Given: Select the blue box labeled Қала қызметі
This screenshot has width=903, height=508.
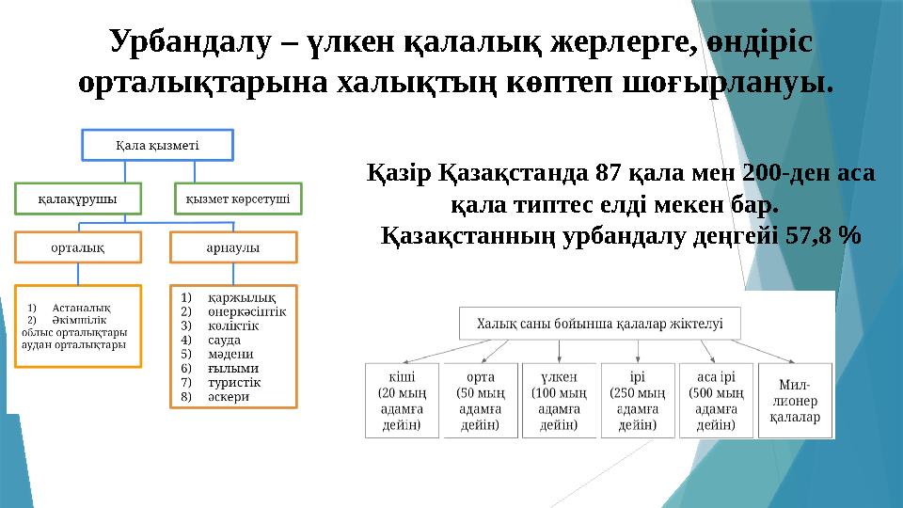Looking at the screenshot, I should point(157,145).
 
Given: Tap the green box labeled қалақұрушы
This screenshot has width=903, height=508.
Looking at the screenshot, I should point(77,198).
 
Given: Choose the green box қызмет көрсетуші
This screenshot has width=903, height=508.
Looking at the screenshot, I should point(237,198).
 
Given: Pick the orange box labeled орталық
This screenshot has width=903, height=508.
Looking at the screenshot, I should point(77,246).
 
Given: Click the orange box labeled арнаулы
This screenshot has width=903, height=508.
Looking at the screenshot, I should point(233,246).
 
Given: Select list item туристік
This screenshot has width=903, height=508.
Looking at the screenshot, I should point(234,382).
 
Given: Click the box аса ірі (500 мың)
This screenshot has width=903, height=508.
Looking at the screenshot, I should point(716,399).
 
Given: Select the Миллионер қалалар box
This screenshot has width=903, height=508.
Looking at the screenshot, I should point(795,399).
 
